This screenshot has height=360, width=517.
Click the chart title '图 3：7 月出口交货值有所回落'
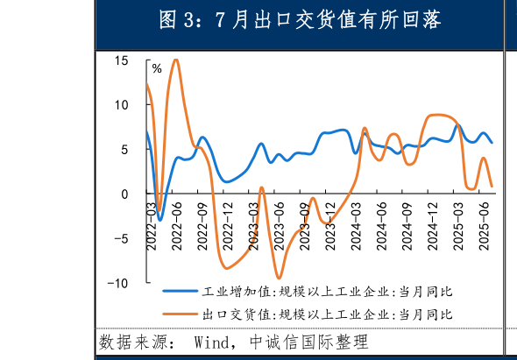click(x=299, y=19)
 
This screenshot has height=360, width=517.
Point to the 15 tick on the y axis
click(x=121, y=60)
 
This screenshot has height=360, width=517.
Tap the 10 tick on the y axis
click(x=121, y=105)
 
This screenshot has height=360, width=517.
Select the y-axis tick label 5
click(x=124, y=150)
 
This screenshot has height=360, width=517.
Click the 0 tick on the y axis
click(x=124, y=194)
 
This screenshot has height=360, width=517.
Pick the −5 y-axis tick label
click(x=120, y=238)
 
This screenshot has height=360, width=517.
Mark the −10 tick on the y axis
click(x=117, y=283)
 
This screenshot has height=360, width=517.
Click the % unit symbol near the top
click(x=157, y=67)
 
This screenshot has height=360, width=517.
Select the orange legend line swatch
click(x=180, y=313)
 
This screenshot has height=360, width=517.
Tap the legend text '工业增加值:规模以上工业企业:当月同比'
click(x=326, y=291)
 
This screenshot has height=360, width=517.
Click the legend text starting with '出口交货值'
click(x=326, y=314)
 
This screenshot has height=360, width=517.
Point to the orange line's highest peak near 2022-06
click(x=176, y=60)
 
